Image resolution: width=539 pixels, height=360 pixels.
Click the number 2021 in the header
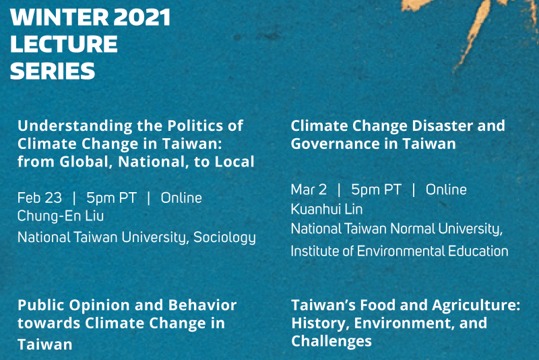click(x=141, y=18)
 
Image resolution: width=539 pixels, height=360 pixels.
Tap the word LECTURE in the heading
click(x=64, y=44)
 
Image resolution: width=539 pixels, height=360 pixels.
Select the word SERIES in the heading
click(x=53, y=71)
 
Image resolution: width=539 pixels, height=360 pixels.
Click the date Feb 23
click(x=40, y=198)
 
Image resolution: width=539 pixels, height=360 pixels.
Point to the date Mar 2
click(x=309, y=189)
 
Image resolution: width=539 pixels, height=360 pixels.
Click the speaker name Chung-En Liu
click(x=61, y=216)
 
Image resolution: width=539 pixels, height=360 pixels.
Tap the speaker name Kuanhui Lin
click(x=327, y=209)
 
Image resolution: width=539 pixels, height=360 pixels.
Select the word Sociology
click(x=224, y=237)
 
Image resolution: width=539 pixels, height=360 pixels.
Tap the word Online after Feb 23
click(x=181, y=198)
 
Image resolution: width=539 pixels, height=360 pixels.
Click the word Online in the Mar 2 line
click(x=446, y=189)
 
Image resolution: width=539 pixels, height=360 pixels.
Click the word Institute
click(x=315, y=251)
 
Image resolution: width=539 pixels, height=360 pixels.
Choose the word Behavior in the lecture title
click(x=203, y=305)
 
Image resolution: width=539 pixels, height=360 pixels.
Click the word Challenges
click(x=331, y=341)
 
